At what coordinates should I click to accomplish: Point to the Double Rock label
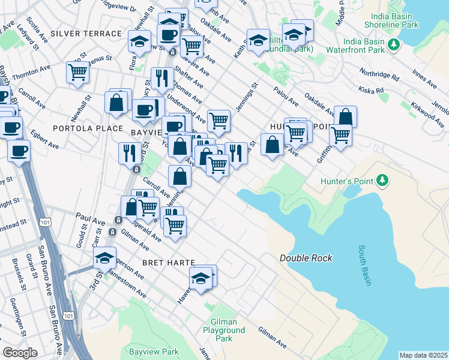(x=306, y=258)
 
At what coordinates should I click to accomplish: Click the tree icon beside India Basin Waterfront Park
(x=394, y=44)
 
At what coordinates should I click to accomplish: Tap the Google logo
(x=20, y=353)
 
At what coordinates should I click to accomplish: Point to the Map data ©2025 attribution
(x=423, y=355)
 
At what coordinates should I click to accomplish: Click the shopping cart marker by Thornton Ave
(x=78, y=73)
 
